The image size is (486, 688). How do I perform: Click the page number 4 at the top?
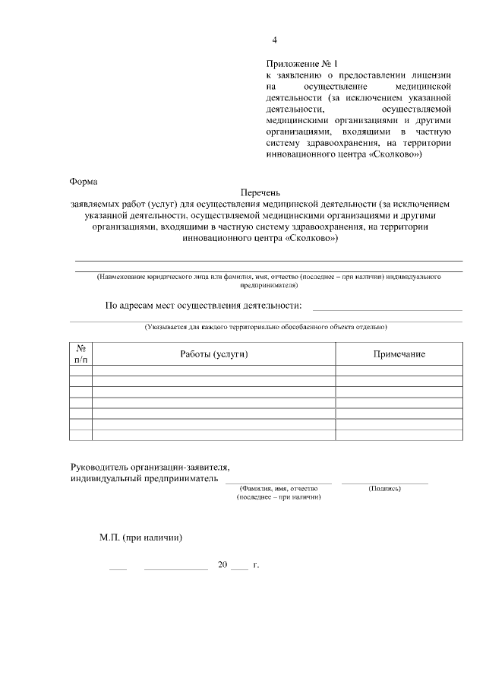pos(275,40)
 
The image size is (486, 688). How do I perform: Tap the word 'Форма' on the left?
pos(84,182)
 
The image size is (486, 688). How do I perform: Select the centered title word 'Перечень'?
pos(260,194)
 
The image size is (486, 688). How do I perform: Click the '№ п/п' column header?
pos(80,354)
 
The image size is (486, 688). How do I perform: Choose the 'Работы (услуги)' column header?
pos(214,354)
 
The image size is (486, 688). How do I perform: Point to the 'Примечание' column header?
pos(399,354)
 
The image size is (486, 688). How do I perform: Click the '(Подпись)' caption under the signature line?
pos(384,488)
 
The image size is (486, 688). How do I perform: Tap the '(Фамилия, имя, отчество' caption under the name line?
pos(278,488)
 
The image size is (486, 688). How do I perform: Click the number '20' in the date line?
pos(222,566)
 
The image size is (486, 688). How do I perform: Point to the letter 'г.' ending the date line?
pos(256,566)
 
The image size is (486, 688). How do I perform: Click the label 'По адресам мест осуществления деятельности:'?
pos(203,306)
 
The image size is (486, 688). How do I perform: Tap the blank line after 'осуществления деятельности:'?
pos(387,309)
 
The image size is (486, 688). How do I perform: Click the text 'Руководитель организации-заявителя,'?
pos(149,468)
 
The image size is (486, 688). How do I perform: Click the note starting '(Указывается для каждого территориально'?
pos(266,327)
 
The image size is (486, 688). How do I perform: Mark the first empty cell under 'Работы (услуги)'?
pos(214,370)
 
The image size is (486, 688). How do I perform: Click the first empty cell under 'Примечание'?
pos(399,370)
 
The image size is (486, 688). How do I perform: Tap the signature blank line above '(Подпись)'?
pos(384,482)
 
